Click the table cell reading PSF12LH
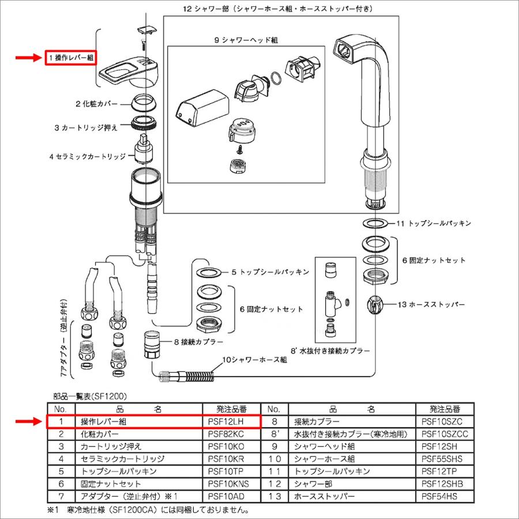point(227,422)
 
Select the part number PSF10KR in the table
point(227,458)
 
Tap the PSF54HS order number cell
point(442,495)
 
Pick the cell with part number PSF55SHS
point(442,458)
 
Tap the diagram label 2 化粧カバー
point(96,104)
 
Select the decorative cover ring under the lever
point(144,103)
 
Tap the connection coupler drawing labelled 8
point(151,344)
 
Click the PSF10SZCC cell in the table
point(442,434)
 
